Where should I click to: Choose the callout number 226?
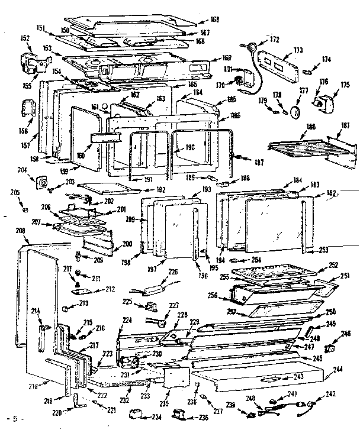click(173, 272)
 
